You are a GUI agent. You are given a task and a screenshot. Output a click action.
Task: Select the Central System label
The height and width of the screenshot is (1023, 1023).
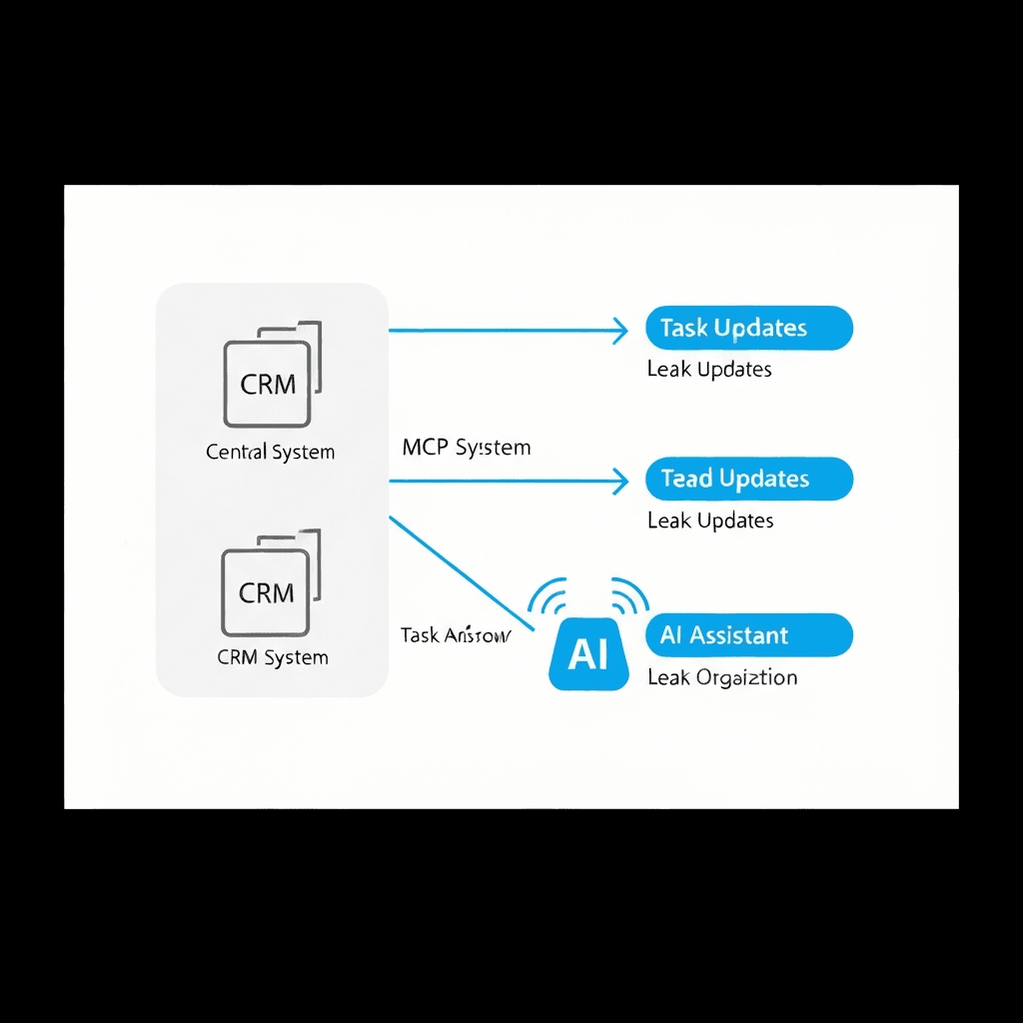coord(270,452)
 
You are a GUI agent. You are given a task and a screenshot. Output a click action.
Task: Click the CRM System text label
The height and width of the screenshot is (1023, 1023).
coord(272,657)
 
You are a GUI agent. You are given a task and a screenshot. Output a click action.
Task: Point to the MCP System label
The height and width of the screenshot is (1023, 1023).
coord(466,448)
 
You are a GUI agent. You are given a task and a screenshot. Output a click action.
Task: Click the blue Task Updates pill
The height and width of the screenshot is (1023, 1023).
coord(749,329)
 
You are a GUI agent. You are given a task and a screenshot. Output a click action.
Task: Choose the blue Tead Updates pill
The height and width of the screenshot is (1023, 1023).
coord(749,479)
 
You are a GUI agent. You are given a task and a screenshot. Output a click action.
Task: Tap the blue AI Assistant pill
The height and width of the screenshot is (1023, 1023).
coord(749,635)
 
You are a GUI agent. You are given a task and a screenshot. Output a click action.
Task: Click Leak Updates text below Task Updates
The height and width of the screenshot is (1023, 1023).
coord(709,370)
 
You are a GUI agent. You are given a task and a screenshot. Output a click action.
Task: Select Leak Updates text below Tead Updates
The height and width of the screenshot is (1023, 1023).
coord(709,520)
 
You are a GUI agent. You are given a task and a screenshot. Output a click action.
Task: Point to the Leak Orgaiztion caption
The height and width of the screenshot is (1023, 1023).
coord(722,677)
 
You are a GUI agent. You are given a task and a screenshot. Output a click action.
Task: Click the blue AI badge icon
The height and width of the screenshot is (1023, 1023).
coord(588,654)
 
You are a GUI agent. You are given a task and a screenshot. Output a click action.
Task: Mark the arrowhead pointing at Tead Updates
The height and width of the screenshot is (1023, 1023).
coord(619,482)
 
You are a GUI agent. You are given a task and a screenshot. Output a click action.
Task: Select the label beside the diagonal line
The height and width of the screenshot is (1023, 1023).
coord(455,635)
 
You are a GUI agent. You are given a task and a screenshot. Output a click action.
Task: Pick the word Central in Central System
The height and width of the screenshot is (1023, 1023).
coord(237,452)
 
